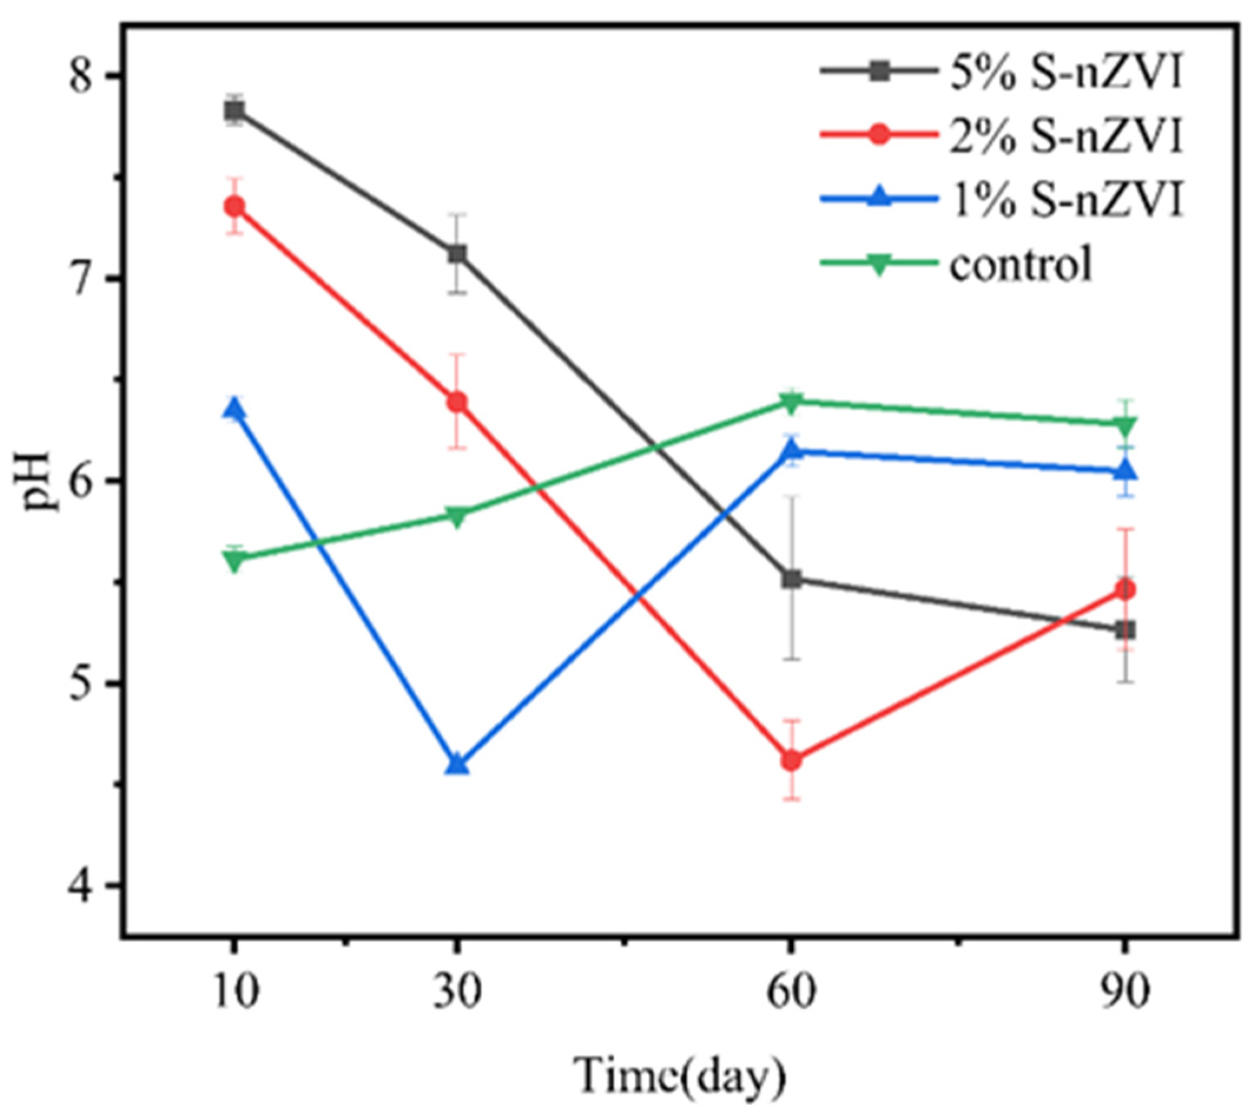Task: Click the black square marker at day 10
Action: click(235, 110)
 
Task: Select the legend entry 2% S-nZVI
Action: click(1065, 136)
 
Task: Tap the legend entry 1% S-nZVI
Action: click(1065, 201)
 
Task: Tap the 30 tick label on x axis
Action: click(456, 993)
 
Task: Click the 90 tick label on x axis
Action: click(1125, 993)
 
